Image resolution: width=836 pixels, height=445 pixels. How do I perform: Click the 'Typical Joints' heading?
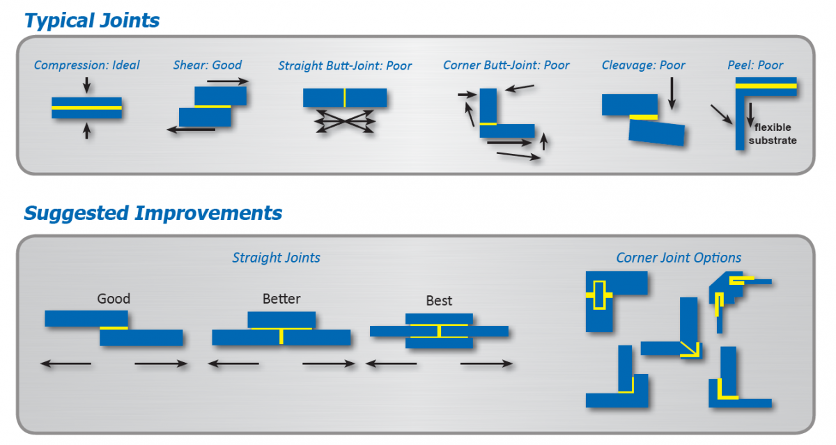point(92,20)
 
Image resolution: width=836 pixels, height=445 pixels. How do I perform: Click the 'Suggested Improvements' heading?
point(153,212)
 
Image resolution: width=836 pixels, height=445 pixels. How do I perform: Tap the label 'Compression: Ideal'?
point(87,65)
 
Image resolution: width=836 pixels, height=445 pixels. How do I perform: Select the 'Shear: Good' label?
point(208,65)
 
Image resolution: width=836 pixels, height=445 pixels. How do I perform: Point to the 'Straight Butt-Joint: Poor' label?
point(345,66)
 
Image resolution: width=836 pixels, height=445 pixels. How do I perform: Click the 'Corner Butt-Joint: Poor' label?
point(506,65)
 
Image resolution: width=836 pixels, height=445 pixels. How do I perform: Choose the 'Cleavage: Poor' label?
point(644,65)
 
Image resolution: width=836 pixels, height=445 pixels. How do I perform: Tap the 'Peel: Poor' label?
point(756,65)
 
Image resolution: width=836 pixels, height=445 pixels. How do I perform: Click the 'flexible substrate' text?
point(773,134)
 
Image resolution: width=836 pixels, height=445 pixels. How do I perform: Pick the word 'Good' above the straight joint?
point(114,299)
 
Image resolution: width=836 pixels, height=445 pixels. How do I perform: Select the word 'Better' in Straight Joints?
point(281,299)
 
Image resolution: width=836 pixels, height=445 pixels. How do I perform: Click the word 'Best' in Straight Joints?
point(439,301)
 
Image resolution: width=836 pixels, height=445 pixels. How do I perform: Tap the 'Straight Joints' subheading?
point(277,258)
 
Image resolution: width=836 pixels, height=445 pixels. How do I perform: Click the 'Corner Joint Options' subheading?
point(679,258)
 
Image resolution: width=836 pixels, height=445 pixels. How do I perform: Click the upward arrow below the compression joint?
point(86,130)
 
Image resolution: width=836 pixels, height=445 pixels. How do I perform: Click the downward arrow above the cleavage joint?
point(671,93)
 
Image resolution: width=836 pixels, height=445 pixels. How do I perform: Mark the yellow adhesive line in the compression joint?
point(86,108)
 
